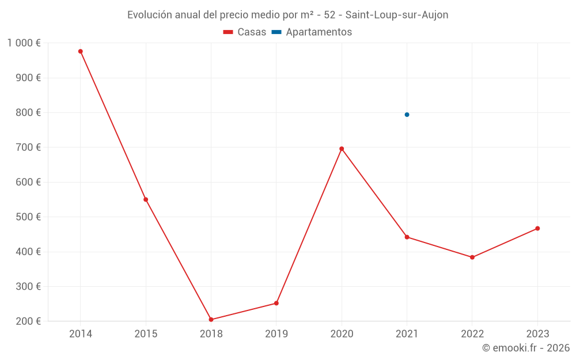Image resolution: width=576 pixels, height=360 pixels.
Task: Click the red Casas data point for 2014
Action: tap(81, 51)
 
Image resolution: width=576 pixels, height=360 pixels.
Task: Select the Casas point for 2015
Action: tap(146, 200)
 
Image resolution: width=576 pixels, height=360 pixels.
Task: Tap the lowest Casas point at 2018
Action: tap(211, 320)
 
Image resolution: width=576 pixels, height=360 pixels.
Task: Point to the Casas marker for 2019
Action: tap(276, 304)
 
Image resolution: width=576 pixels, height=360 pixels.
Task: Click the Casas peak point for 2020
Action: tap(342, 149)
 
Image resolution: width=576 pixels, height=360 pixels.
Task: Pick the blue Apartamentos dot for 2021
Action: tap(407, 115)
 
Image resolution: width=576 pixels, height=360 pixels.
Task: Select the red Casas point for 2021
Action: tap(407, 237)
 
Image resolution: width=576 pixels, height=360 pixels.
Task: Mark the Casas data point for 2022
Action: tap(472, 257)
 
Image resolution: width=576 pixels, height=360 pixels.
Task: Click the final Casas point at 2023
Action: tap(537, 229)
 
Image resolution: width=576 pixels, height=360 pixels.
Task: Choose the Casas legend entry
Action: tap(245, 32)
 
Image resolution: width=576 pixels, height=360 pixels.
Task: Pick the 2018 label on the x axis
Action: tap(211, 334)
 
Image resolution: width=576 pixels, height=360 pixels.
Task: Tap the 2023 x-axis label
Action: tap(537, 334)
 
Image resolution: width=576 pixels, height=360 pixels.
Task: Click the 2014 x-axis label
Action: tap(81, 334)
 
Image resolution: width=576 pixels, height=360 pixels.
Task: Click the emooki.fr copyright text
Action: tap(526, 348)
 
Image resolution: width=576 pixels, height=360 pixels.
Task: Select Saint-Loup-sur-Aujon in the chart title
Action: tap(397, 15)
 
